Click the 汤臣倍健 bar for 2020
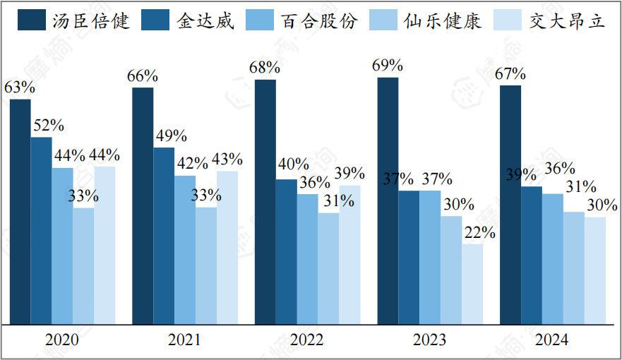pos(20,212)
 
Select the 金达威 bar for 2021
pos(164,236)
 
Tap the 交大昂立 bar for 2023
pos(472,284)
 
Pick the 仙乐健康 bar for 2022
pos(328,269)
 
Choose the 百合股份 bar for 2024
pos(553,259)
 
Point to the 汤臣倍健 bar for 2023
pos(388,201)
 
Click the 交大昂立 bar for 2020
pos(104,246)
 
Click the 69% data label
pos(388,66)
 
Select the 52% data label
pos(49,126)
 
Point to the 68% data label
pos(265,68)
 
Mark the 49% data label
pos(171,136)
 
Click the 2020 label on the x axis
pos(61,340)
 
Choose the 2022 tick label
pos(306,340)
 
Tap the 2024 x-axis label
pos(551,340)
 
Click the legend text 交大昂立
pos(567,20)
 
